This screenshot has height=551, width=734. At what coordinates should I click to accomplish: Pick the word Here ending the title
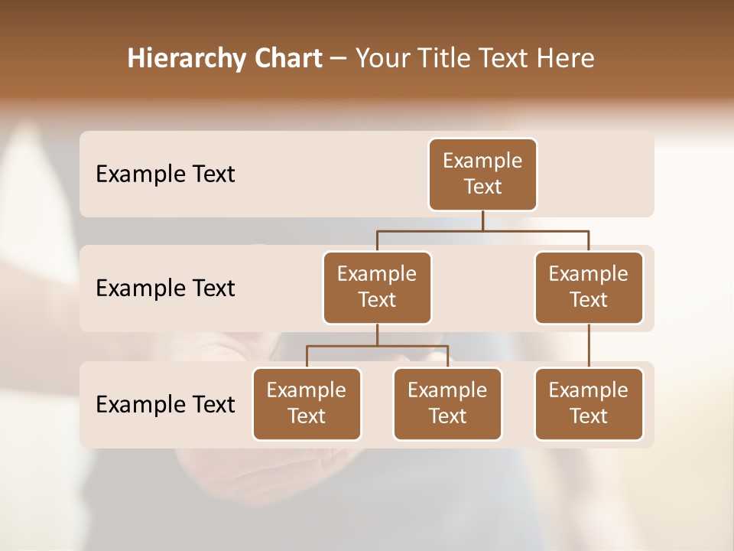567,59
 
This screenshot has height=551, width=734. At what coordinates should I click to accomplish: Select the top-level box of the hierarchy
482,174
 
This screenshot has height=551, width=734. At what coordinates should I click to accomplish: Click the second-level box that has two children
377,287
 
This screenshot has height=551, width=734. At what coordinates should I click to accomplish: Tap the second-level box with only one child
589,287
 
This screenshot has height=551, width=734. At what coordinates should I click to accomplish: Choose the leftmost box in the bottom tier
307,403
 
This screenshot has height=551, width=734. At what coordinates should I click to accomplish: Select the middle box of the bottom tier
447,403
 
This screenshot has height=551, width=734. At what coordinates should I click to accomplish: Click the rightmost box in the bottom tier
589,403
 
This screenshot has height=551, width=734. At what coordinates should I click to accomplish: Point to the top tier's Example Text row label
165,174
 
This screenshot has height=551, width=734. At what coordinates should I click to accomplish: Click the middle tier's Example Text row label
165,288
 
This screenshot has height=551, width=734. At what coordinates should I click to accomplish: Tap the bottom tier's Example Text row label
165,404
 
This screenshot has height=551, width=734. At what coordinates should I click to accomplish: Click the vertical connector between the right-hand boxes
589,346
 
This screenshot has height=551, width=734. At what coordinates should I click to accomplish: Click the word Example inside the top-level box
482,161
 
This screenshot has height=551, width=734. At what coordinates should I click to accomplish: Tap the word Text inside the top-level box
482,187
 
